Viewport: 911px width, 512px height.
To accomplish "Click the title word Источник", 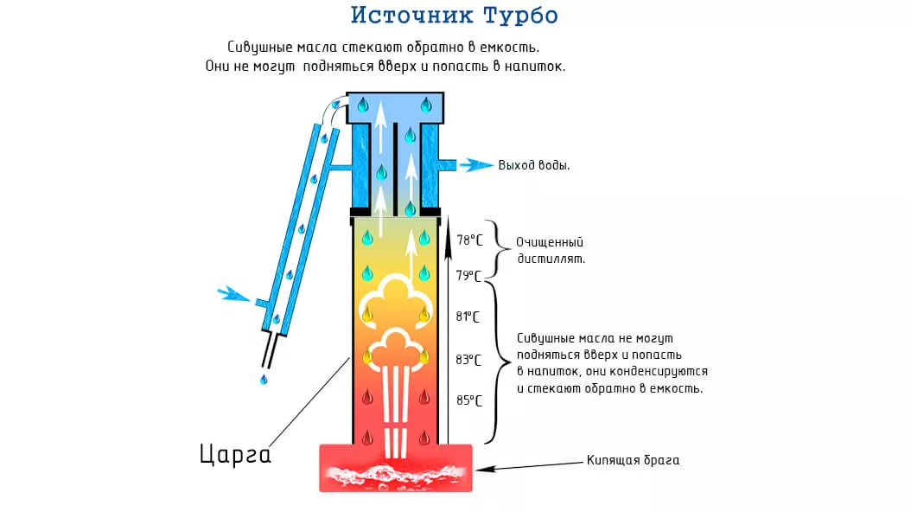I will [x=405, y=16].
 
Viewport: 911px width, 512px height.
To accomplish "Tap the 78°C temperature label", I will [x=469, y=240].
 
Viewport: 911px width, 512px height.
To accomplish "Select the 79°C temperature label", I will [x=469, y=276].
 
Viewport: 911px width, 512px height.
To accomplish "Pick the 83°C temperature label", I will [x=469, y=359].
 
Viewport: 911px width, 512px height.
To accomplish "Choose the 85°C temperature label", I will [x=469, y=400].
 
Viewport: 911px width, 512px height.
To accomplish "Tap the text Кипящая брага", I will [x=633, y=460].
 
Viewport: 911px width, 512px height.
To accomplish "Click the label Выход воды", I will [x=533, y=164].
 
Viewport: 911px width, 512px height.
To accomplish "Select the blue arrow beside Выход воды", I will [x=475, y=164].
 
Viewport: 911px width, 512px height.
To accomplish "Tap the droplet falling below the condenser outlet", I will [x=264, y=379].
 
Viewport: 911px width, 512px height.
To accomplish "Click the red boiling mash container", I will [x=396, y=468].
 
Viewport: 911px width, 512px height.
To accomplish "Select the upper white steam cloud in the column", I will [x=395, y=298].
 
